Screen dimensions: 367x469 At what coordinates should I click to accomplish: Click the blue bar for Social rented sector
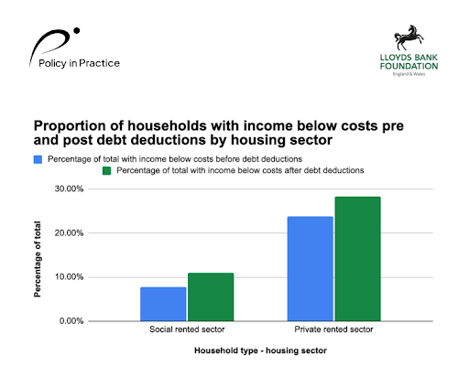163,304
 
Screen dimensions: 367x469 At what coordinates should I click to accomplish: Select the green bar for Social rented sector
210,297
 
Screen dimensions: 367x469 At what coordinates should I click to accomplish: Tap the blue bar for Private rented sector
310,268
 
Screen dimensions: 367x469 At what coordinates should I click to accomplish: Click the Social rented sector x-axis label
186,329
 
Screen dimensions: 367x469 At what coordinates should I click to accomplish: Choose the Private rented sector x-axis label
333,329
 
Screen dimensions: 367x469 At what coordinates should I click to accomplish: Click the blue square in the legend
38,158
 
